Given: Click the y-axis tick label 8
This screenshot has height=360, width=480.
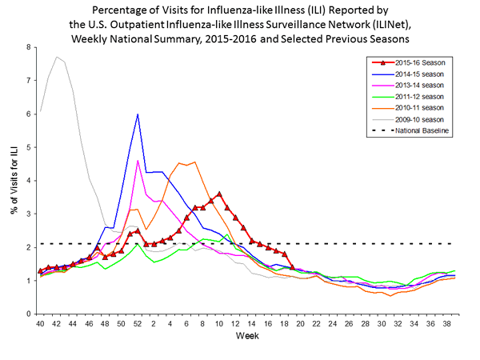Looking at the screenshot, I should pos(29,47).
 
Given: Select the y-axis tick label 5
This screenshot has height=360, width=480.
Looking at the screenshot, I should pos(29,147).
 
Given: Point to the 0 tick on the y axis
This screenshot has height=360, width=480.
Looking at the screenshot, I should pos(29,314).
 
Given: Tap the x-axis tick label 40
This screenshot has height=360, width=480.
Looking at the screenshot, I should pos(40,323).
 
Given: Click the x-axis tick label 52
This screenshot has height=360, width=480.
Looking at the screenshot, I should pos(138,323).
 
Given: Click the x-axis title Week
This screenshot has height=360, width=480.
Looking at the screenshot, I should pos(246,336).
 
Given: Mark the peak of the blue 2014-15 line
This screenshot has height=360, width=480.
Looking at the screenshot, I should pos(138,114).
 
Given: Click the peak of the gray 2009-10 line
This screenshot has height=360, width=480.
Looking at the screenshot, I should pos(57,57).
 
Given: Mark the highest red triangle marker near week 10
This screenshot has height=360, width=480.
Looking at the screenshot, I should pos(219,194).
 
